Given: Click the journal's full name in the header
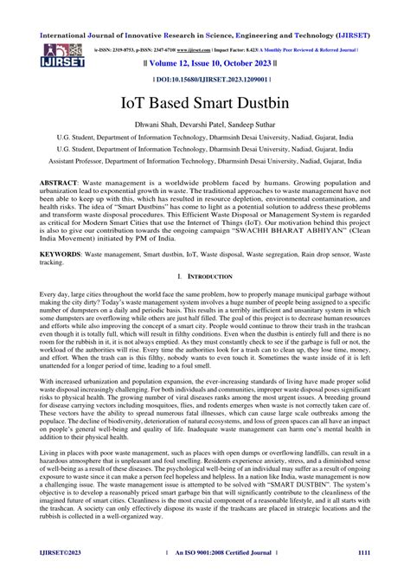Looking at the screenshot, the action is pyautogui.click(x=205, y=12).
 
